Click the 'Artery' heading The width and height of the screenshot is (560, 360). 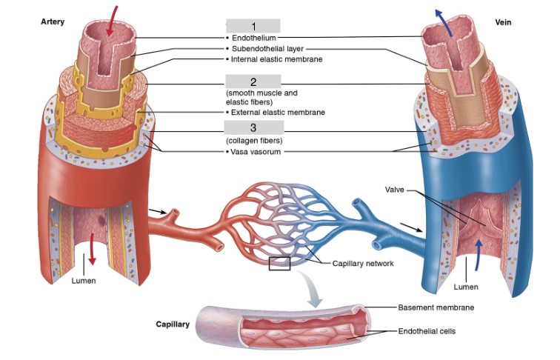(52, 22)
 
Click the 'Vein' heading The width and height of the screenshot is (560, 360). (503, 22)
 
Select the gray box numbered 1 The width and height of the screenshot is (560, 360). (253, 26)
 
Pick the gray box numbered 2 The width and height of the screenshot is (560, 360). (253, 81)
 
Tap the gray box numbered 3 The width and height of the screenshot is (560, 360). (253, 128)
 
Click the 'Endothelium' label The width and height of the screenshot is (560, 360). (253, 37)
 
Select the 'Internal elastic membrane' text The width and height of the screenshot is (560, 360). (276, 59)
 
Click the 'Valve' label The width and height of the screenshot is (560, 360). (394, 190)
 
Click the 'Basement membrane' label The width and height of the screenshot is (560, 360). (436, 307)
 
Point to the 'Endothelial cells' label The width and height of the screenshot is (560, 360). (430, 331)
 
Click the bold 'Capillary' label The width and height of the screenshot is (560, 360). (173, 324)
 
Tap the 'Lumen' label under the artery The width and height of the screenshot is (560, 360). (84, 281)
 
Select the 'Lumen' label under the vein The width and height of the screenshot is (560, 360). (466, 286)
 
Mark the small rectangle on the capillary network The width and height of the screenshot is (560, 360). (279, 263)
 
